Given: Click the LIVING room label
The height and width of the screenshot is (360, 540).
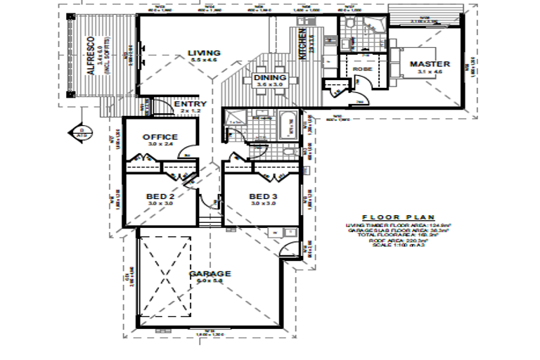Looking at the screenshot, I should pyautogui.click(x=205, y=53).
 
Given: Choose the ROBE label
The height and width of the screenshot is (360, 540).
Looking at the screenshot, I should pyautogui.click(x=363, y=70).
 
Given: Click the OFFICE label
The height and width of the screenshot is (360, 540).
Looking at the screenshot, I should pyautogui.click(x=160, y=136).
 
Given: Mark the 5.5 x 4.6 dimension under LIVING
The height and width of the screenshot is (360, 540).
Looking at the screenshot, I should pyautogui.click(x=205, y=61).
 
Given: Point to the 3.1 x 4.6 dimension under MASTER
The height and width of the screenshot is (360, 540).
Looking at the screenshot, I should pyautogui.click(x=429, y=72).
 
